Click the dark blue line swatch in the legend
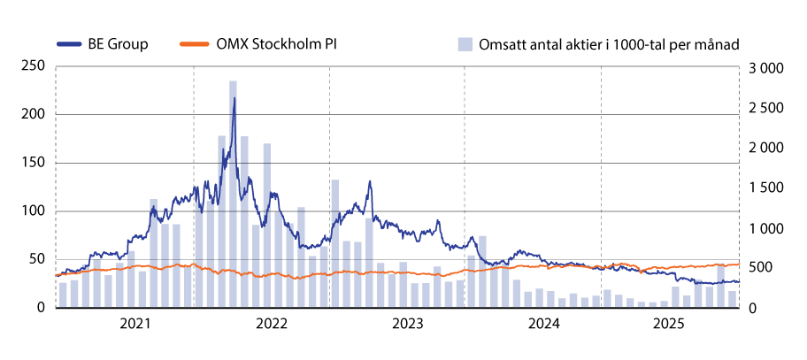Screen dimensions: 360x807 pos(69,43)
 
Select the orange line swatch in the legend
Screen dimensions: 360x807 pos(195,43)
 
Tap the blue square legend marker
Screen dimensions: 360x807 pos(465,44)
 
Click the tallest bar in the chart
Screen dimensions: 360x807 pos(233,195)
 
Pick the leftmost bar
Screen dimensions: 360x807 pos(63,295)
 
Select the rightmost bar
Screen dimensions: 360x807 pos(732,299)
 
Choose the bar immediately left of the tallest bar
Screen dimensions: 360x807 pos(222,221)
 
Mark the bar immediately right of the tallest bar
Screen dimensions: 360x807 pos(244,221)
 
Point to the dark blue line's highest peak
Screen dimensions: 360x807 pos(234,96)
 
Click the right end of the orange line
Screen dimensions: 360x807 pos(740,264)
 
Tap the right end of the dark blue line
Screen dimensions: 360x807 pos(739,282)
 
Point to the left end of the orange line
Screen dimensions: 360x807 pos(56,275)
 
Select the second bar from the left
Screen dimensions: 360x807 pos(74,293)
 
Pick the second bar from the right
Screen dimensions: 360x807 pos(720,285)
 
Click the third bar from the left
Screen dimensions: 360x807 pos(86,286)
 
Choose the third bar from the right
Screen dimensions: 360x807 pos(709,296)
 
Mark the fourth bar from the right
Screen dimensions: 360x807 pos(698,294)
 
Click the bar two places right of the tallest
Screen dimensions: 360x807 pos(256,265)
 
